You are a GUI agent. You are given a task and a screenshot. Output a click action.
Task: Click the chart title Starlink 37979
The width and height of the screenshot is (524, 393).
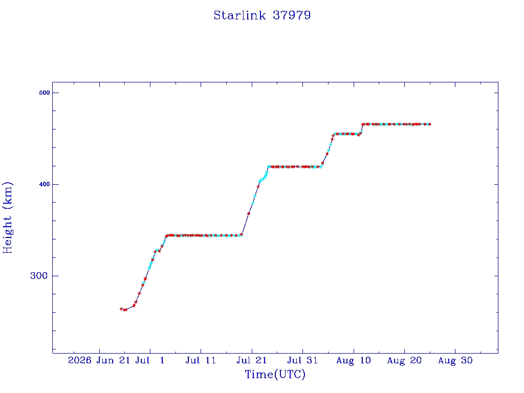pos(262,15)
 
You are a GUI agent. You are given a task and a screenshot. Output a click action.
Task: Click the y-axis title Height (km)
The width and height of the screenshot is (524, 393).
pos(8,217)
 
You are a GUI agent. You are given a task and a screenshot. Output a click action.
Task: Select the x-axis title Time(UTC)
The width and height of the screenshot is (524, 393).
pos(275,374)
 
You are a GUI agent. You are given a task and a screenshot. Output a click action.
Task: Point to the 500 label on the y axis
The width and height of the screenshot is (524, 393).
pos(45,93)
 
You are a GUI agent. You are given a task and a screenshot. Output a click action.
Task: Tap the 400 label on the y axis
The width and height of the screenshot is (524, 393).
pos(45,184)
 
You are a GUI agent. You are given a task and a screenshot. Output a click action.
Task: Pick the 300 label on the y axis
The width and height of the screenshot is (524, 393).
pos(39,276)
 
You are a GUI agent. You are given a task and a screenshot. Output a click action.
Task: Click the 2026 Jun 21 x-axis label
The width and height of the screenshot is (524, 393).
pos(99,360)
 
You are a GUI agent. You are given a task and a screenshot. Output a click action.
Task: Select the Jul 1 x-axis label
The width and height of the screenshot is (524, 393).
pos(150,360)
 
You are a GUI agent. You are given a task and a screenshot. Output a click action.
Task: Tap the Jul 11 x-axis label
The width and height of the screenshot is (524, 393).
pos(201,360)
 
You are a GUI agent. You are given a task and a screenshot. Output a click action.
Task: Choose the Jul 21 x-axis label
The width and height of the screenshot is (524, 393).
pos(252,360)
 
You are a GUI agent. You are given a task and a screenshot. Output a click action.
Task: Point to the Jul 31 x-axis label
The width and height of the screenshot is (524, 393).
pos(302,360)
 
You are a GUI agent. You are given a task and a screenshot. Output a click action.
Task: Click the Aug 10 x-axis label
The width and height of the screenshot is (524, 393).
pos(354,360)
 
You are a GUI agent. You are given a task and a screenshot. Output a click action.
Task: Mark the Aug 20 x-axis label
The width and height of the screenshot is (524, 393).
pos(404,360)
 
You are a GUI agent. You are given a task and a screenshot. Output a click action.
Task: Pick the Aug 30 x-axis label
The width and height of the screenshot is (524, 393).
pos(455,360)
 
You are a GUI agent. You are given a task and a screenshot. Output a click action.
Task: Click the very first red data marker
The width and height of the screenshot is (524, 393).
pos(121,309)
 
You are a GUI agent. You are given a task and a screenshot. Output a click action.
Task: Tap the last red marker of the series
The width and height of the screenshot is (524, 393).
pos(430,124)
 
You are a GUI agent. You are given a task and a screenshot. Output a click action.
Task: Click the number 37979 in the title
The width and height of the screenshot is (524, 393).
pos(292,15)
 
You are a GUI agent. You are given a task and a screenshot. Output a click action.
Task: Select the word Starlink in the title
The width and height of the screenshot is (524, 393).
pos(239,15)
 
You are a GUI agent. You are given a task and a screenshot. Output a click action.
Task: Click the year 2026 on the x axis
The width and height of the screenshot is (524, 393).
pos(79,360)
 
